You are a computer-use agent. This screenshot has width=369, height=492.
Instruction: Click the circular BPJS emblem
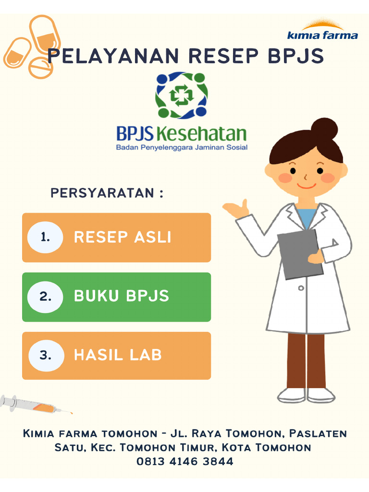tap(181, 95)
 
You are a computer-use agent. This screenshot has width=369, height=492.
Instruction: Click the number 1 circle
tap(45, 237)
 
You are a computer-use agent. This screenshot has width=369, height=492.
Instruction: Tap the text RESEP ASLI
tap(123, 237)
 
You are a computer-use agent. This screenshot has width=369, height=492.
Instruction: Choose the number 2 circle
tap(45, 296)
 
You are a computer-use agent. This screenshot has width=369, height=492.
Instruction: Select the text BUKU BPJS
tap(122, 296)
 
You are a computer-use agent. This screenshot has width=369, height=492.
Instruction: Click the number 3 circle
tap(45, 356)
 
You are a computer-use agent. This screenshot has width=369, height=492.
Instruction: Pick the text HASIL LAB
tap(118, 356)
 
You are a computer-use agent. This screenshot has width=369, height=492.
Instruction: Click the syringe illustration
tap(34, 405)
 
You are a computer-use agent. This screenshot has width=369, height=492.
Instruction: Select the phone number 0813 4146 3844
tap(185, 462)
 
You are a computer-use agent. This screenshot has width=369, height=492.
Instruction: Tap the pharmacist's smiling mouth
tap(306, 185)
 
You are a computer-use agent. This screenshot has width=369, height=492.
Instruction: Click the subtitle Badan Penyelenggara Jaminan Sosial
tap(182, 148)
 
